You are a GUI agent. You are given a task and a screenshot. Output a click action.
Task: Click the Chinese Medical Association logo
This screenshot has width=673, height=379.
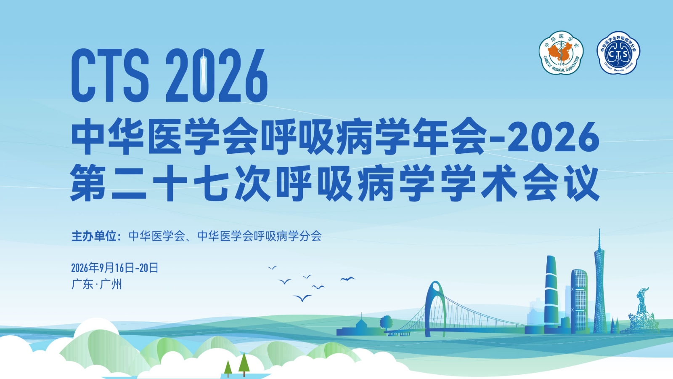point(561,53)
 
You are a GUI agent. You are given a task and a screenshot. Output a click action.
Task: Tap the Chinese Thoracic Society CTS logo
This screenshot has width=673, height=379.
point(618,53)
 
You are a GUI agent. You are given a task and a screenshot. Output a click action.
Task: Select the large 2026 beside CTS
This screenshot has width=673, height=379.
point(217,76)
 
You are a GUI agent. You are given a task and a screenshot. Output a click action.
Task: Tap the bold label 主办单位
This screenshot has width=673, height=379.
point(94,236)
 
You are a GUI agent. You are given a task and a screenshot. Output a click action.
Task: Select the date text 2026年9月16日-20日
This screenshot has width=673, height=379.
point(114,268)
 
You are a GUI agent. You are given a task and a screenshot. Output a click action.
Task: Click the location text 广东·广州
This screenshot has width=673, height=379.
point(97,284)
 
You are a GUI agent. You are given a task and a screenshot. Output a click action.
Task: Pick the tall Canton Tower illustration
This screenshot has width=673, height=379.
point(599,286)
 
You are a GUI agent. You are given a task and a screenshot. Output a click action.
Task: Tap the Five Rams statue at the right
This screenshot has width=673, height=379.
point(641,312)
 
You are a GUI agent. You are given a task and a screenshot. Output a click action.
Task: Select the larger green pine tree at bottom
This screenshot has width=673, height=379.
point(244,363)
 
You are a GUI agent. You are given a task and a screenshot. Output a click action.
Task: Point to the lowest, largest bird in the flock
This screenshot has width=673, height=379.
point(302,298)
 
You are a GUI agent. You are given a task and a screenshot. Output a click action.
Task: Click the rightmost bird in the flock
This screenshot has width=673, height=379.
point(347,279)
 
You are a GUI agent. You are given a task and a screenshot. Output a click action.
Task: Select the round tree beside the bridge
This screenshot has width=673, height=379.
point(386,323)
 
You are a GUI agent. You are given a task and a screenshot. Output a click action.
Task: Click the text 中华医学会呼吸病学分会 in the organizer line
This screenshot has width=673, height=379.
point(260,236)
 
